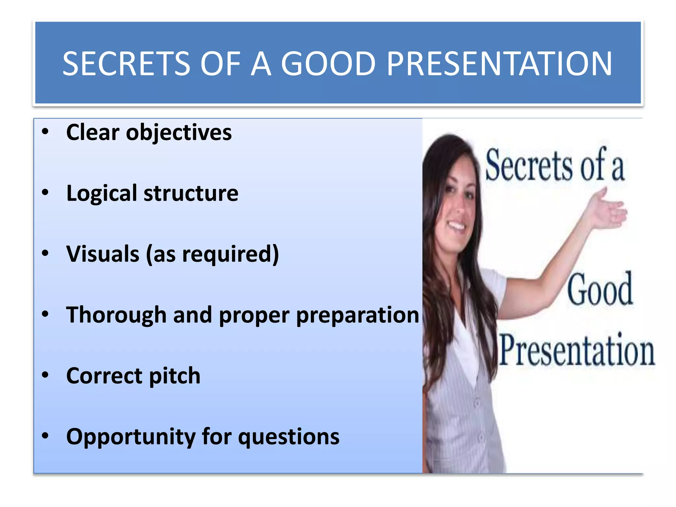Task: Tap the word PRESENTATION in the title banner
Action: click(499, 64)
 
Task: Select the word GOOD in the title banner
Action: click(328, 64)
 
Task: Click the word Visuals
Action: click(103, 254)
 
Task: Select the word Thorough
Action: click(116, 315)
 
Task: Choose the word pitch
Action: click(175, 377)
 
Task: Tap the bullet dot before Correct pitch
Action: click(45, 375)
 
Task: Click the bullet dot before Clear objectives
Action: click(45, 132)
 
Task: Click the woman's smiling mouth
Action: click(456, 225)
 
